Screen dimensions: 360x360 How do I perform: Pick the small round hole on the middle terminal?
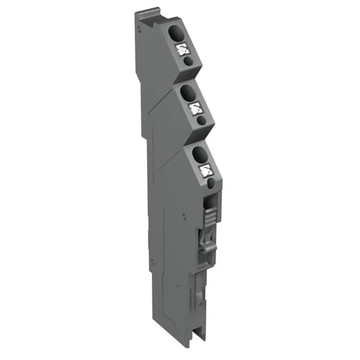point(199,121)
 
